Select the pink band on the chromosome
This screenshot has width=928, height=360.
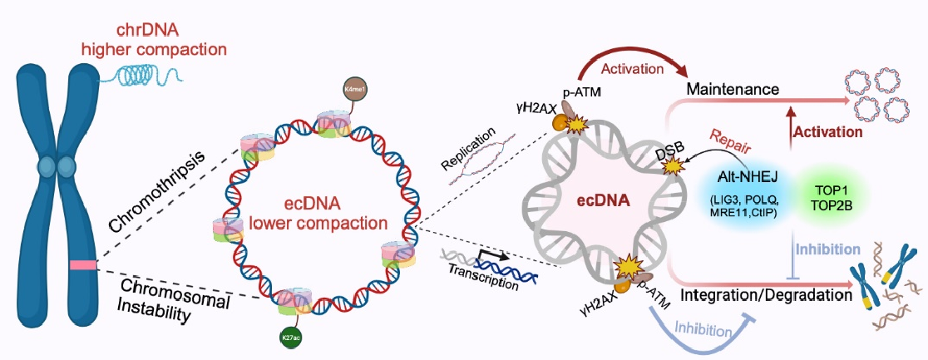click(83, 265)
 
